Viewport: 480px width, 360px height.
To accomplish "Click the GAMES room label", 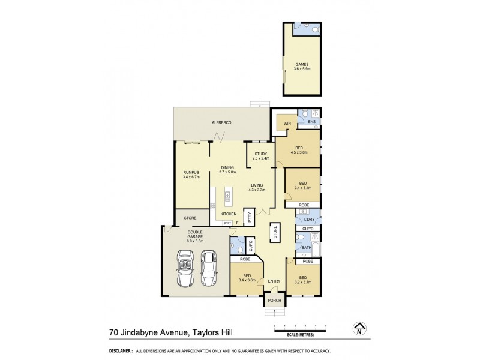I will (x=302, y=67).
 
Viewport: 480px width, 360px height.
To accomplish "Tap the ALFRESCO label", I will (x=221, y=122).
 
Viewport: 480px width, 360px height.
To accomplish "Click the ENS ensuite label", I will (x=311, y=122).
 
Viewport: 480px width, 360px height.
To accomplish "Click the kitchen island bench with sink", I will (x=227, y=196).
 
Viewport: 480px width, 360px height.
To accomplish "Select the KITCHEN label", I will (x=228, y=214).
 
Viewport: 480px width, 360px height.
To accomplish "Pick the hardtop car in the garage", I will (x=208, y=268).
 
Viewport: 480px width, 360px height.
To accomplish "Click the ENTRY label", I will (x=274, y=281).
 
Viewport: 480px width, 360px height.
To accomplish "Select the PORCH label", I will (x=274, y=301).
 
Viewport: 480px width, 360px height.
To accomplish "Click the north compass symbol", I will (x=359, y=329).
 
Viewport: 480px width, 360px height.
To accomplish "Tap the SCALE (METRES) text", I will (x=300, y=334).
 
